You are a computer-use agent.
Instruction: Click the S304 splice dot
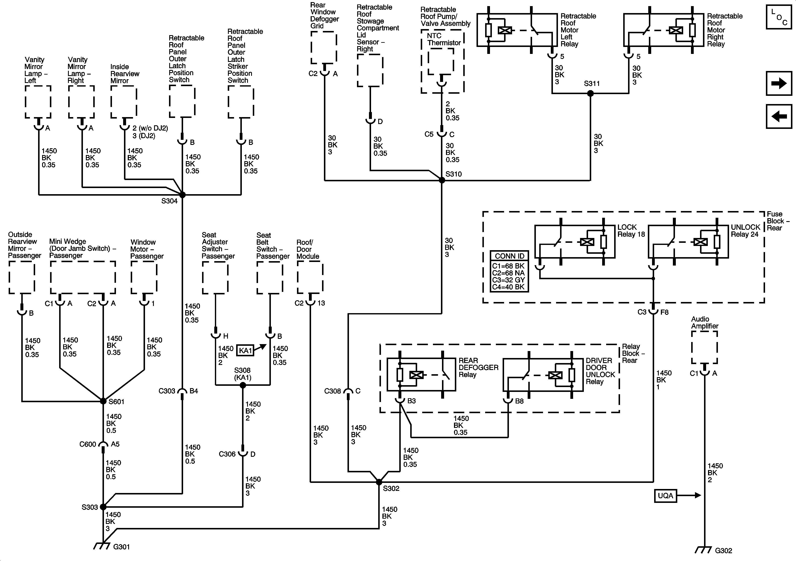[x=182, y=195]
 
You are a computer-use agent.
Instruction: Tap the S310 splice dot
[x=442, y=180]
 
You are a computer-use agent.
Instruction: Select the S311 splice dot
[x=590, y=93]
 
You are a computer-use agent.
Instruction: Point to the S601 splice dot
[x=103, y=401]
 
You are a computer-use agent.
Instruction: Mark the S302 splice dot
[x=379, y=482]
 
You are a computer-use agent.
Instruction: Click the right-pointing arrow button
[x=779, y=83]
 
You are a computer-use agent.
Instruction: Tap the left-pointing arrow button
[x=779, y=116]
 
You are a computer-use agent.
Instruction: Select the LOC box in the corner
[x=779, y=17]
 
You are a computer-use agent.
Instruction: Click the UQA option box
[x=665, y=496]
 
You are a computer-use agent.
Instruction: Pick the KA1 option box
[x=245, y=350]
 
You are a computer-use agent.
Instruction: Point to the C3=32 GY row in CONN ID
[x=508, y=280]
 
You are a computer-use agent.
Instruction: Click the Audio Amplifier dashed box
[x=704, y=347]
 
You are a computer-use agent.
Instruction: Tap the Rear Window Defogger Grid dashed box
[x=324, y=48]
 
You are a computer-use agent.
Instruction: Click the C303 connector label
[x=167, y=391]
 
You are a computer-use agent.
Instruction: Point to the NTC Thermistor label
[x=443, y=39]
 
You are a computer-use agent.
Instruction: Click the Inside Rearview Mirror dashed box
[x=124, y=102]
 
